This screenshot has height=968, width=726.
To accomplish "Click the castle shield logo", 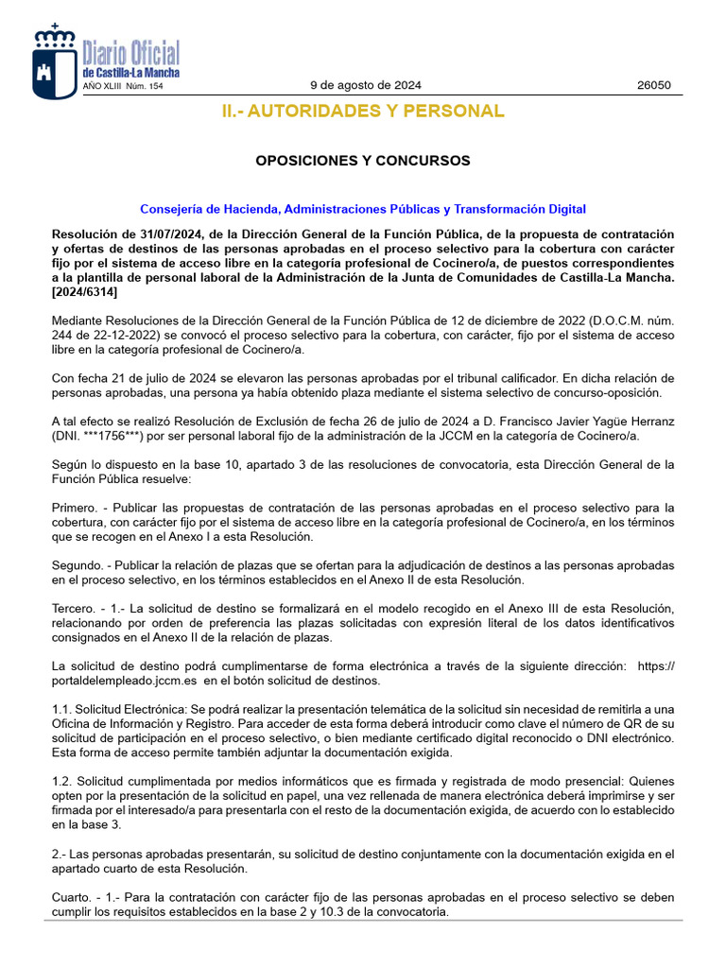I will [x=54, y=61].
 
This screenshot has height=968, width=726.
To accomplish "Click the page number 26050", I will [x=653, y=85].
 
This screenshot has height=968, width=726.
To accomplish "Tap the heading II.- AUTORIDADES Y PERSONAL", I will [x=363, y=112].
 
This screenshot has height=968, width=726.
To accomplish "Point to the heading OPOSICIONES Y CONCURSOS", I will [x=363, y=161].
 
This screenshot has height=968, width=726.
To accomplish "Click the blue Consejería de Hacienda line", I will [x=363, y=209].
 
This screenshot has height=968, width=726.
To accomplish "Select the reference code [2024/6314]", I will [x=85, y=293].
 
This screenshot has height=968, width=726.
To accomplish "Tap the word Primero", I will [x=76, y=508].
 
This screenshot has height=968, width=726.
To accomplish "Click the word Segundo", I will [x=78, y=564].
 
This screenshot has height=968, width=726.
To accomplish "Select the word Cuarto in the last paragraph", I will [x=73, y=898].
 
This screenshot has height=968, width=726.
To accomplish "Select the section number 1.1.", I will [x=61, y=709].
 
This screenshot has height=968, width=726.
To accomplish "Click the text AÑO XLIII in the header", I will [x=100, y=86].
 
